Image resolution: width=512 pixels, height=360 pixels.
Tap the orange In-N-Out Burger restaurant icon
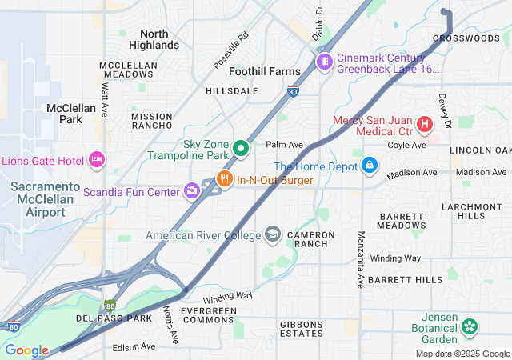[x=225, y=180]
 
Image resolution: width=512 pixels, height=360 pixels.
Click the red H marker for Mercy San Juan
[x=424, y=125]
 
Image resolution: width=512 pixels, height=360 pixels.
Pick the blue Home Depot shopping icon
[x=369, y=166]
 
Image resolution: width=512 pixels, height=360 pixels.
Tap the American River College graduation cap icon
[x=273, y=234]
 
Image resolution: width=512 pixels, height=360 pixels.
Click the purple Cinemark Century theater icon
[x=325, y=62]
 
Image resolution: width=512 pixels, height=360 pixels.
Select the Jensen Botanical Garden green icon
[x=470, y=326]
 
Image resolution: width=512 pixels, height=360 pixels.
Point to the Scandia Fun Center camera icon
[x=192, y=190]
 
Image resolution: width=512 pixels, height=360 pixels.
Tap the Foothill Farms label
[x=265, y=71]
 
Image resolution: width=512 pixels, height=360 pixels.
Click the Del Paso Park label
[x=114, y=318]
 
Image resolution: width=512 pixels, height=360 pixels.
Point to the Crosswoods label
[x=466, y=38]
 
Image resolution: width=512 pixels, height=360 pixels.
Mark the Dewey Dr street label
[x=446, y=110]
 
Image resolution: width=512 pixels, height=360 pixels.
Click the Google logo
[x=26, y=350]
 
